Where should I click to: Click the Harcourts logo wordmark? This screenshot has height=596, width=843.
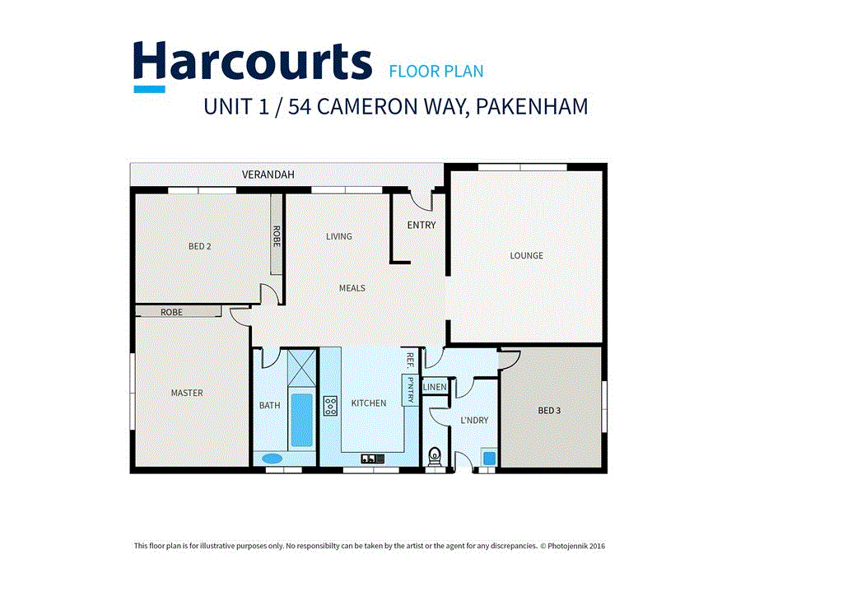(x=252, y=63)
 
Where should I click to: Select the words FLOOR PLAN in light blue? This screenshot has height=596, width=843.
(x=435, y=72)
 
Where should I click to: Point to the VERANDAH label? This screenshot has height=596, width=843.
(x=268, y=175)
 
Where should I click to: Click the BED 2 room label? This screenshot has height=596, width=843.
(x=200, y=246)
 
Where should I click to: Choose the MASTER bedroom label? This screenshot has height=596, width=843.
(x=187, y=393)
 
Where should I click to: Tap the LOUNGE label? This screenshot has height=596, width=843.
(x=526, y=255)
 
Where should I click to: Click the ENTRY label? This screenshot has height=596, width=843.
(x=421, y=225)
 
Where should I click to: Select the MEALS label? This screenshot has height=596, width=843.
(x=352, y=288)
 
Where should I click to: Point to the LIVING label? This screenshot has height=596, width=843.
(x=338, y=236)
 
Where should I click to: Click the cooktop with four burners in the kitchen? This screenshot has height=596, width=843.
(x=330, y=406)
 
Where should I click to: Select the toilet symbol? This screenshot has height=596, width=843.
(x=434, y=455)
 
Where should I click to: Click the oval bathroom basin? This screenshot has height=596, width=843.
(x=271, y=459)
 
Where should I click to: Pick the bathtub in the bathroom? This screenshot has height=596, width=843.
(x=301, y=420)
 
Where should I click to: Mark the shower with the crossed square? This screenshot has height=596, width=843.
(x=301, y=366)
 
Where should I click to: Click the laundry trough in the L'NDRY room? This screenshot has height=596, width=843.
(x=488, y=458)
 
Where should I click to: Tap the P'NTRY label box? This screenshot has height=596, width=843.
(x=408, y=389)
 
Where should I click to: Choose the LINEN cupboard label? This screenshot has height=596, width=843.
(x=434, y=387)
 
